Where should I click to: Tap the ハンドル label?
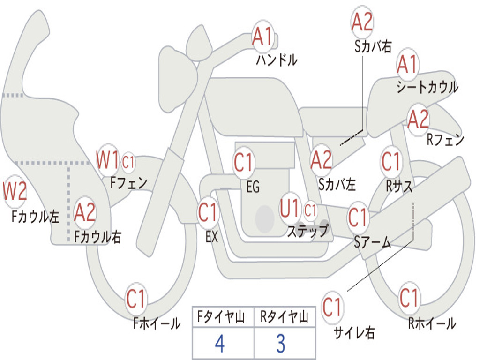coord(277,60)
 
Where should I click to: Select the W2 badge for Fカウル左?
coord(15,191)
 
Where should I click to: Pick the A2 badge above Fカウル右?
coord(85,212)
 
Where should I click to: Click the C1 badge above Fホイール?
coord(135,299)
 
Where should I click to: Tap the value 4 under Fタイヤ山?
coord(220,343)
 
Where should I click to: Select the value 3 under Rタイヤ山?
coord(281,343)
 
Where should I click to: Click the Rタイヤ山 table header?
coord(284,317)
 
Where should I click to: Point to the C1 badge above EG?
coord(244,162)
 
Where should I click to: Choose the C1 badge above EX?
coord(208,212)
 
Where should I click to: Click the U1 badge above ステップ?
coord(290,208)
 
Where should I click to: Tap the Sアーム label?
coord(373,242)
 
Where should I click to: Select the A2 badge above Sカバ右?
coord(362,22)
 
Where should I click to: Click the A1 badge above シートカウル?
coord(407,64)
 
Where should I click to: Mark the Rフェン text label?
coord(445,140)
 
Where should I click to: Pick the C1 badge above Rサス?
coord(391,161)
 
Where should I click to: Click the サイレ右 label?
coord(354,332)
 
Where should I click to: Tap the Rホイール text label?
coord(432,323)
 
